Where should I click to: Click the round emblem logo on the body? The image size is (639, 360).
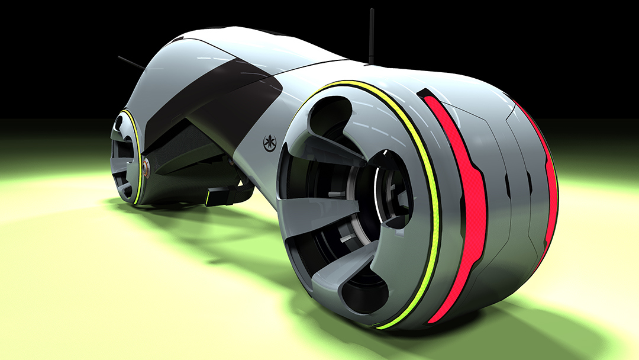coord(270,143)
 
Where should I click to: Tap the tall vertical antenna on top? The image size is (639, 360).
coord(372,36)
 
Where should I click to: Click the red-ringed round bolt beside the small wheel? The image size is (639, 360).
coord(146,168)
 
